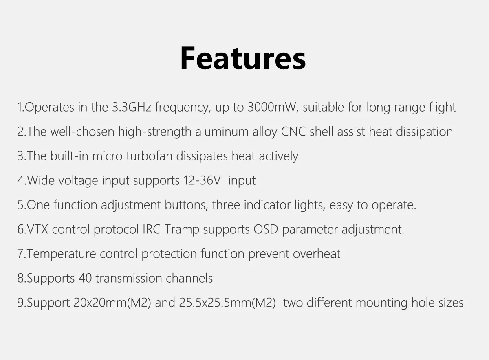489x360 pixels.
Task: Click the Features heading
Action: click(243, 58)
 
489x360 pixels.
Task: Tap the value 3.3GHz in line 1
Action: click(132, 107)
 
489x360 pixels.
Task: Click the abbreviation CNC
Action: click(293, 132)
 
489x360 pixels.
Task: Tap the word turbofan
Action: click(149, 156)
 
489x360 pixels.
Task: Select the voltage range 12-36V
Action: click(202, 180)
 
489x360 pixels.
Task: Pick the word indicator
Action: click(267, 205)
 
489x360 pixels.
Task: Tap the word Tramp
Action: click(182, 230)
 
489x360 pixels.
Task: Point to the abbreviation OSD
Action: click(266, 229)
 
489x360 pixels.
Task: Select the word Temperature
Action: click(61, 254)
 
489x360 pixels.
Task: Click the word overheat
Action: click(317, 254)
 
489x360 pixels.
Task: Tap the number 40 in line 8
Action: click(85, 278)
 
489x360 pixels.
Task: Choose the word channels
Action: click(189, 278)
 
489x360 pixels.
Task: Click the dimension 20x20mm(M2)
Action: click(112, 303)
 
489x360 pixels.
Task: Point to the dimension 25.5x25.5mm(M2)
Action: click(227, 303)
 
